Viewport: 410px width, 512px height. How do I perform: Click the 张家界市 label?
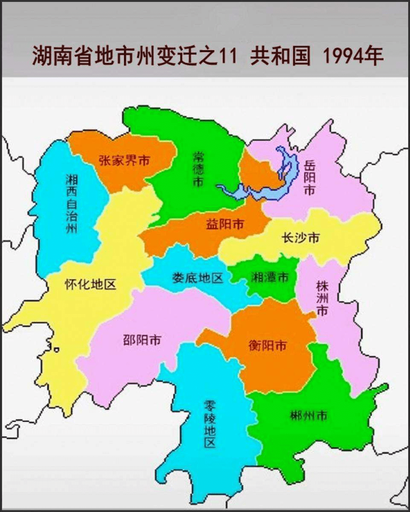tap(124, 161)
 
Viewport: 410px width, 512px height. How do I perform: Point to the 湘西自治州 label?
tap(72, 203)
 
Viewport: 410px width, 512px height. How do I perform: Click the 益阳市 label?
tap(225, 224)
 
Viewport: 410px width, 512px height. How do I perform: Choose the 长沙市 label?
tap(300, 238)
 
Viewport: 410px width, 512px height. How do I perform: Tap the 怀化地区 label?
tap(90, 284)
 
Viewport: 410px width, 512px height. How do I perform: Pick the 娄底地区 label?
tap(198, 278)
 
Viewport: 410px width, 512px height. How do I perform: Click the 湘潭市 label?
tap(269, 277)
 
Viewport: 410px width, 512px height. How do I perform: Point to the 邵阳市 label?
tap(142, 340)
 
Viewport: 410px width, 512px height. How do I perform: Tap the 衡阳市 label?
tap(268, 345)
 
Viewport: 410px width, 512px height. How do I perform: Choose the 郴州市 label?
tap(308, 415)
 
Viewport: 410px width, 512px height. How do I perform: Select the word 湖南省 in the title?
tap(55, 56)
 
